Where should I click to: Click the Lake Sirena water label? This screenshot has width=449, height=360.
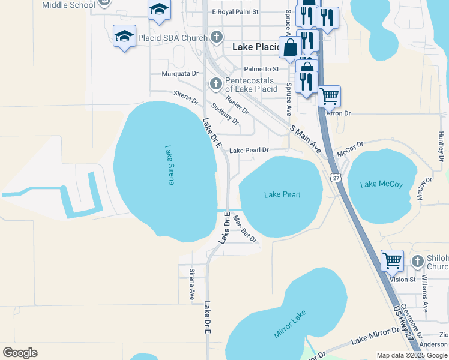(169, 166)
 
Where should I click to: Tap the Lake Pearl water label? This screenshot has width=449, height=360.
(282, 194)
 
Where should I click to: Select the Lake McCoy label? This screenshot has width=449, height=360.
(381, 184)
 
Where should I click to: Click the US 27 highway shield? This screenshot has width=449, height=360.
(336, 178)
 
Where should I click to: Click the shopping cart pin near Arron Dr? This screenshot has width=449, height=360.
(329, 95)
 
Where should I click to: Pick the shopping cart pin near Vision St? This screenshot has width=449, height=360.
(392, 260)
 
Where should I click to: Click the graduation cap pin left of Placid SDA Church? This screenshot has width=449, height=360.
(124, 36)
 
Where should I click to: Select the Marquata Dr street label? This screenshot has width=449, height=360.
(180, 74)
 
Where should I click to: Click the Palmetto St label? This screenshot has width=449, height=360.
(261, 70)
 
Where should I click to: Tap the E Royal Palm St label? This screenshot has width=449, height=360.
(235, 11)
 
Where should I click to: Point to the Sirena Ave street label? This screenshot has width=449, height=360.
(192, 284)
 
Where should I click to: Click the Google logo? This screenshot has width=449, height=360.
(20, 353)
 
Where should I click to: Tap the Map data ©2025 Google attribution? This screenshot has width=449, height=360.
(411, 355)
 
